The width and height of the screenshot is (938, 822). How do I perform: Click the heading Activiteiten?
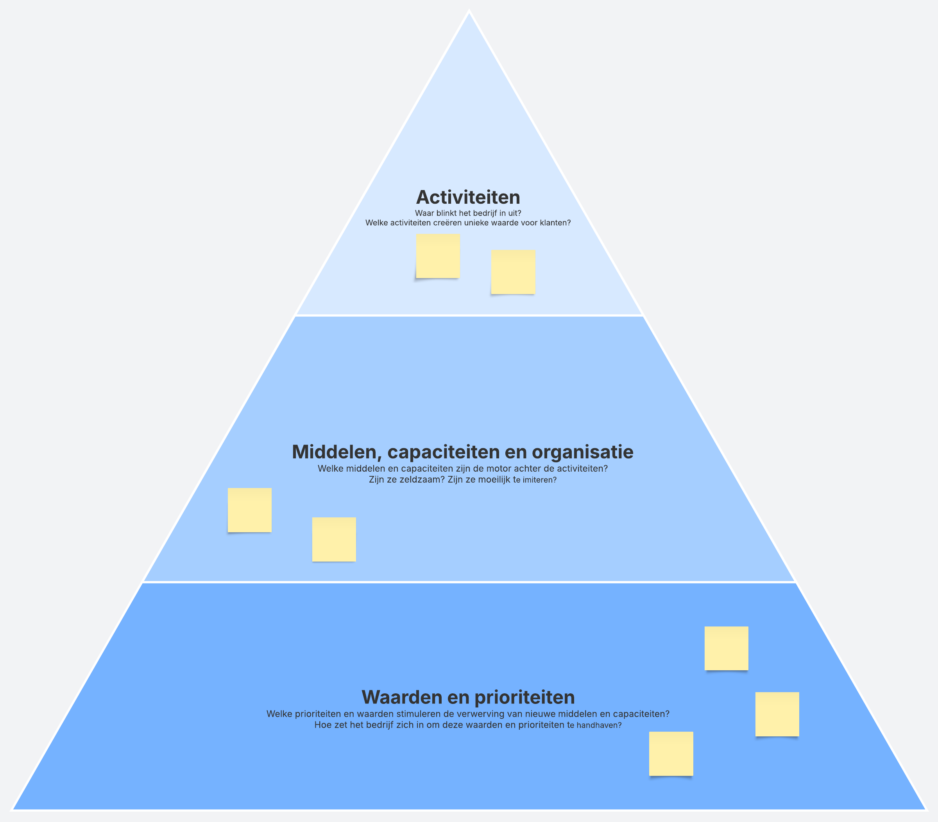click(468, 197)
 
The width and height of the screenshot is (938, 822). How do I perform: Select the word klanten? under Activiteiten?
click(555, 223)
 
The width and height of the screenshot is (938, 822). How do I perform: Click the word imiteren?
click(540, 480)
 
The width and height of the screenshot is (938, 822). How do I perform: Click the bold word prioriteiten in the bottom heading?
click(524, 697)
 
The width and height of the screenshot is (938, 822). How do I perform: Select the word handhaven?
click(599, 725)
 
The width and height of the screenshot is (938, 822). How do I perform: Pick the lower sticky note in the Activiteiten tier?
click(513, 272)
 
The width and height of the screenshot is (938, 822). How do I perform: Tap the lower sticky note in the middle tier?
click(334, 539)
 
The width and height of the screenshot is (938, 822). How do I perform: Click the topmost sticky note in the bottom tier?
click(726, 648)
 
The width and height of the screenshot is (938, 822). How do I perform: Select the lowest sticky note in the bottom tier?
click(671, 754)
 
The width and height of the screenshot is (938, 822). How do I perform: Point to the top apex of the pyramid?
click(469, 12)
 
